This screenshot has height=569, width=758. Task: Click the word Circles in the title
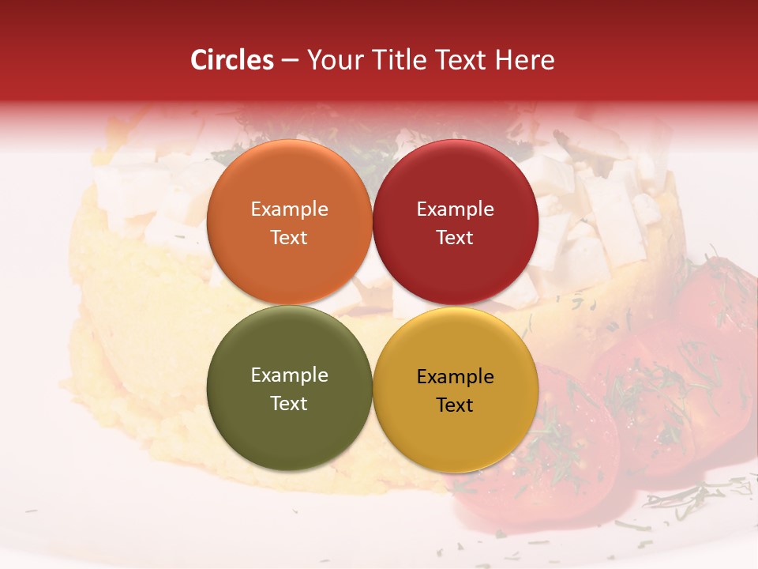coord(232,60)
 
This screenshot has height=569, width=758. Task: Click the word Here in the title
coord(525,60)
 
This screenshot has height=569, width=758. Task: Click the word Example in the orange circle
coord(289,209)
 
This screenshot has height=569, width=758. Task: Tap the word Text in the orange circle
coord(289,237)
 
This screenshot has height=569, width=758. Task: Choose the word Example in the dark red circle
coord(455,209)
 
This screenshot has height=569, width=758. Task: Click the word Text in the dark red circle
coord(455,237)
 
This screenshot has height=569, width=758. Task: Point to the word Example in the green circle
coord(289,375)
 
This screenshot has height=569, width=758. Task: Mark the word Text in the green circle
coord(289,403)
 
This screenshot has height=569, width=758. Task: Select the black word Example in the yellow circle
coord(455,377)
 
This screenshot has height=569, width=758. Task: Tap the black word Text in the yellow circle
coord(455,405)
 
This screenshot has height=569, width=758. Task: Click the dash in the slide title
coord(289,61)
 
